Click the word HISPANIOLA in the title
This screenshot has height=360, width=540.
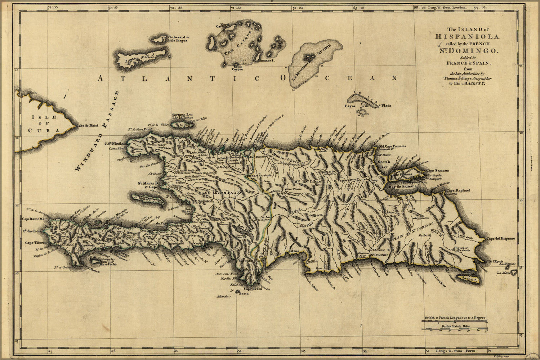[x=467, y=37]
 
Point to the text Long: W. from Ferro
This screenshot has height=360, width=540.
[x=456, y=350]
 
